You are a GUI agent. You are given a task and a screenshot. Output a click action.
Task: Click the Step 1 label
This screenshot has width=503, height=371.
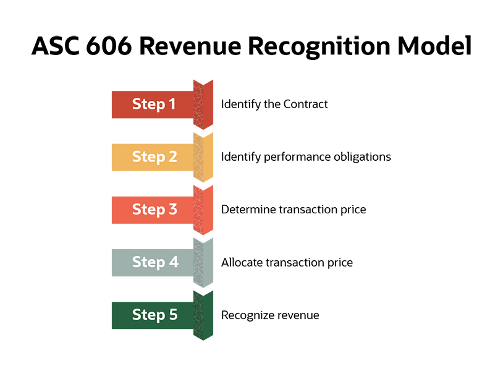point(154,104)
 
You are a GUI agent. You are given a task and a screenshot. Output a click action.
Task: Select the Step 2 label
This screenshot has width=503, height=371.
point(154,156)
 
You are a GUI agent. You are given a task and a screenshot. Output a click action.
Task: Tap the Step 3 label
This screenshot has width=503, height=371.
point(154,209)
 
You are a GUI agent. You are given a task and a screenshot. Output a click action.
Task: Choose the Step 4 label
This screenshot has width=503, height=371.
point(154,262)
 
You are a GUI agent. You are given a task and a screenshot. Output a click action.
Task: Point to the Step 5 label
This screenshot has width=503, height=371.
point(154,315)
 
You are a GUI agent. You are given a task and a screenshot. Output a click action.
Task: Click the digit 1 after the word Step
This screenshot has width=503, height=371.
point(172,104)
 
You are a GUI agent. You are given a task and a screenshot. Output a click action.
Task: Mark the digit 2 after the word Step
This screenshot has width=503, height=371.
point(172,156)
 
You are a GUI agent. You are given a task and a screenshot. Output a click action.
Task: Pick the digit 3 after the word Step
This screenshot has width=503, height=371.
point(172,209)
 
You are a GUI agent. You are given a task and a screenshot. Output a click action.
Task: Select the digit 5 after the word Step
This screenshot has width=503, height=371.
point(172,315)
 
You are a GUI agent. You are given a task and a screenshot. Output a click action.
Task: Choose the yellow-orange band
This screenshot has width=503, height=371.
point(80,158)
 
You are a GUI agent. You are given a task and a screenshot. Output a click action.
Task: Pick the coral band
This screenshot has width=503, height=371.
point(80,210)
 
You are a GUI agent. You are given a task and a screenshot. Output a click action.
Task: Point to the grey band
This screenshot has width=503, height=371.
point(80,263)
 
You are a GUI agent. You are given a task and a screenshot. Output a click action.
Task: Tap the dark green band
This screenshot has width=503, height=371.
point(80,315)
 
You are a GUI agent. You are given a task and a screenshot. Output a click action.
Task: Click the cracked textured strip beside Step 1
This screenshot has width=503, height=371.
point(198,104)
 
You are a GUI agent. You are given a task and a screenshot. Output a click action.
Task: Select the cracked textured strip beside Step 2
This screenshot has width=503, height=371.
point(198,156)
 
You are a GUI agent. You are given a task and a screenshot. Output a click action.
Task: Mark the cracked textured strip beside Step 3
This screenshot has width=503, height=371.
point(198,209)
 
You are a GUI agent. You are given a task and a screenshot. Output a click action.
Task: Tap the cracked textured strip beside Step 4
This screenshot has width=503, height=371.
point(198,262)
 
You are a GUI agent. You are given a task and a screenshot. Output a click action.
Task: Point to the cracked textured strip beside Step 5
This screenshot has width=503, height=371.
point(198,315)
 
